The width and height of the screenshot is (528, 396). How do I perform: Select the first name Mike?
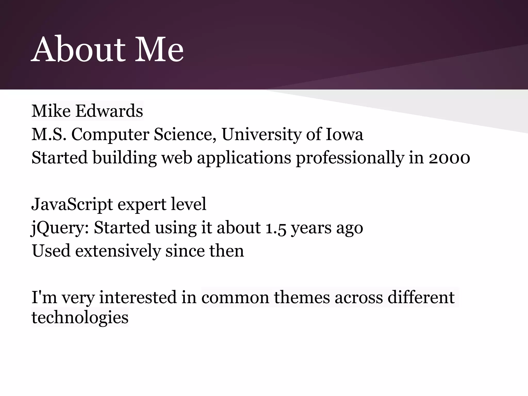[x=51, y=111]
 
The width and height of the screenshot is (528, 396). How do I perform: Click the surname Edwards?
[x=109, y=111]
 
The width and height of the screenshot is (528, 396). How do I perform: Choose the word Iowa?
[x=344, y=134]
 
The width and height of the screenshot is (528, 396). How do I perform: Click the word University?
[x=261, y=134]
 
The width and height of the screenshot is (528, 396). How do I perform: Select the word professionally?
[x=350, y=158]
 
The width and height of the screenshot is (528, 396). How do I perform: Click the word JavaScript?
[x=72, y=204]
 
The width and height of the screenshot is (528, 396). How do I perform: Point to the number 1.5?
[x=276, y=228]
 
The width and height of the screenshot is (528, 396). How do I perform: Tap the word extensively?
[x=118, y=251]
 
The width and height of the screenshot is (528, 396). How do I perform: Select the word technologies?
[x=80, y=317]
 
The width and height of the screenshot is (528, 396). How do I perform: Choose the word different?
[x=421, y=297]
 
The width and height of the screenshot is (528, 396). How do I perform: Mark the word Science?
[x=185, y=134]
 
